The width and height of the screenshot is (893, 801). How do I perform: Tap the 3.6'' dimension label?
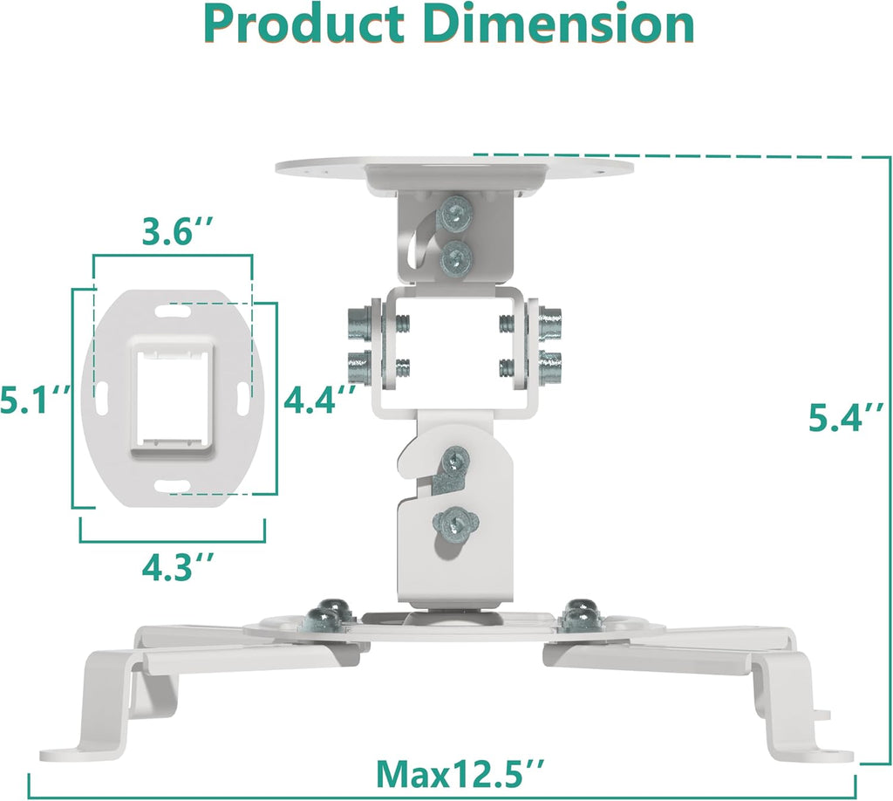click(x=173, y=234)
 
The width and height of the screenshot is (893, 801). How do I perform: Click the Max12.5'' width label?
click(x=460, y=771)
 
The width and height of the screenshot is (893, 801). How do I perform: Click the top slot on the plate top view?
click(x=172, y=311)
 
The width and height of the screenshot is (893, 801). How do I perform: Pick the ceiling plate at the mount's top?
click(x=453, y=168)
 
